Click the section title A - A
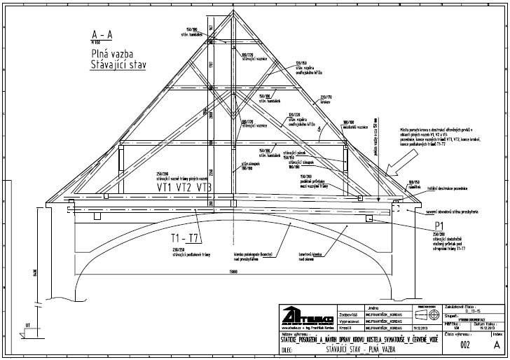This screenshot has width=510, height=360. [x=109, y=34]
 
